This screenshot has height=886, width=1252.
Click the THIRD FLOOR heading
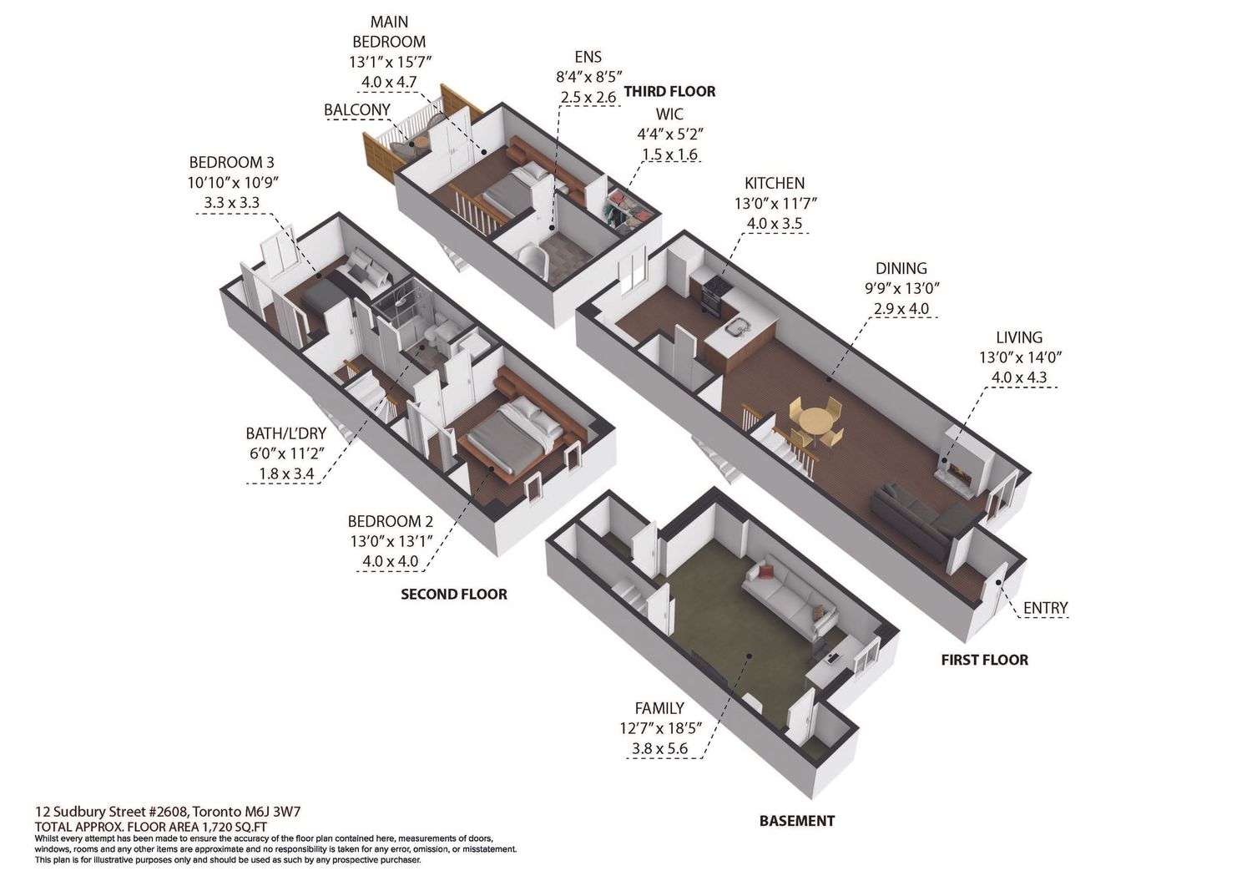[x=669, y=91]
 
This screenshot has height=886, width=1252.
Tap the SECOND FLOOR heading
[x=454, y=594]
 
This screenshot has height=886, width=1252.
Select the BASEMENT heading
[x=797, y=821]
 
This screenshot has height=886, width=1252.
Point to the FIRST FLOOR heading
[x=985, y=660]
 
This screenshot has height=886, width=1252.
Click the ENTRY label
[x=1045, y=607]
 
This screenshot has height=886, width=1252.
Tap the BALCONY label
[x=357, y=109]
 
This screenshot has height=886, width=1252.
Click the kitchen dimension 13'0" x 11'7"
[x=775, y=203]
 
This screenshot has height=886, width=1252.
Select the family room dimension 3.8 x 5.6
[x=659, y=748]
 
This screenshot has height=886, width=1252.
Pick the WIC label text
[x=669, y=114]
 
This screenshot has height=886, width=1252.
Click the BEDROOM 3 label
[x=231, y=163]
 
